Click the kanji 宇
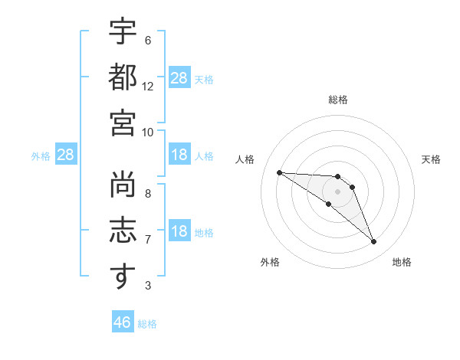(x=123, y=34)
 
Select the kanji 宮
(x=123, y=122)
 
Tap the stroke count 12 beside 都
(x=148, y=87)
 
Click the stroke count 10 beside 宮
(x=148, y=131)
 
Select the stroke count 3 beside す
(x=148, y=286)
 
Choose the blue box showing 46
(x=123, y=322)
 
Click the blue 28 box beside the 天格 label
(x=179, y=78)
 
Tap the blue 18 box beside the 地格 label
(x=179, y=231)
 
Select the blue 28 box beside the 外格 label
(x=66, y=155)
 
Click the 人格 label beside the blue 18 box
(x=204, y=155)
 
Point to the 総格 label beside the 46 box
(x=147, y=324)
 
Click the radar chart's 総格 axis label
(x=337, y=100)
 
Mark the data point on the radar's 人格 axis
(x=280, y=172)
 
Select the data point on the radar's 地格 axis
(x=373, y=242)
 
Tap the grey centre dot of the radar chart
(x=337, y=191)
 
